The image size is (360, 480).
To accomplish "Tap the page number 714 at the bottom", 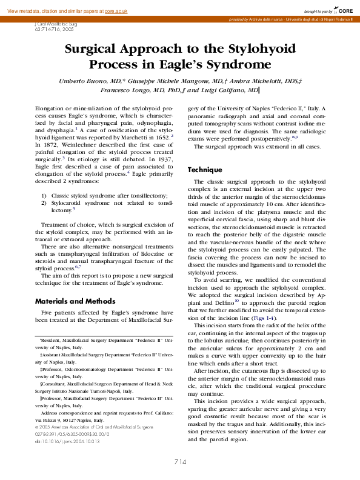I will (x=180, y=461).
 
